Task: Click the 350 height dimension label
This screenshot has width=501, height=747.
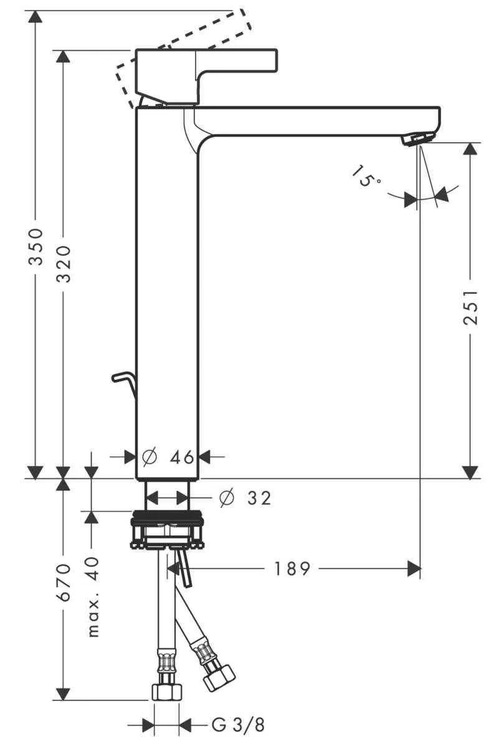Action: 36,247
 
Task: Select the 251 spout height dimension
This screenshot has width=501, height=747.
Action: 472,307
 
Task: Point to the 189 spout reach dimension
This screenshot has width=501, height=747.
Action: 292,568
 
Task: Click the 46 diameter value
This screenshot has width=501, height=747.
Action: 182,458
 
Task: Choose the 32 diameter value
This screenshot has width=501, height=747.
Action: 259,498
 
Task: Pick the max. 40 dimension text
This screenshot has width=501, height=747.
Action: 92,596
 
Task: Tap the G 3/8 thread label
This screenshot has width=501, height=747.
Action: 238,725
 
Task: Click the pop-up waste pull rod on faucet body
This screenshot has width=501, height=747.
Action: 123,382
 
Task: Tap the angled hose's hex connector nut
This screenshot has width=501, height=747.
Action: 220,675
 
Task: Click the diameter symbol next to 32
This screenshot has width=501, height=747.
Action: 227,498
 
